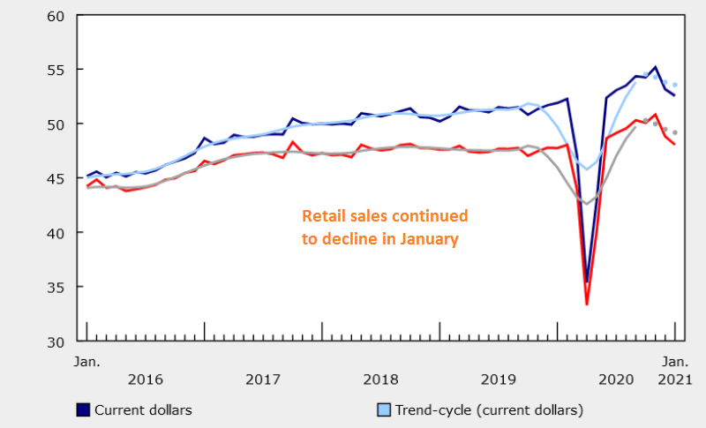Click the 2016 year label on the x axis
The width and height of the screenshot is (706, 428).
tap(145, 379)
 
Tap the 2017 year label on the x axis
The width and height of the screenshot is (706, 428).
tap(263, 379)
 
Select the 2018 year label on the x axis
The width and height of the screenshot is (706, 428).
tap(381, 379)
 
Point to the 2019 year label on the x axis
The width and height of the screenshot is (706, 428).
tap(499, 379)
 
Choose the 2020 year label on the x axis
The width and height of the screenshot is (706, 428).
tap(617, 379)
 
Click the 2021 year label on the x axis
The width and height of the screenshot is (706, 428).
tap(675, 379)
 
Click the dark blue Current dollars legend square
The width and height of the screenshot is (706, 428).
tap(83, 409)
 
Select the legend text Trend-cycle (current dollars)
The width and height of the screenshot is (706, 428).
tap(489, 409)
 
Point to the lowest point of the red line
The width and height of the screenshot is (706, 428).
tap(587, 304)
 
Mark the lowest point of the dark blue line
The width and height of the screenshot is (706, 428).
tap(587, 282)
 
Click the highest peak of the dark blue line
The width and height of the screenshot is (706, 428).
tap(655, 67)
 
